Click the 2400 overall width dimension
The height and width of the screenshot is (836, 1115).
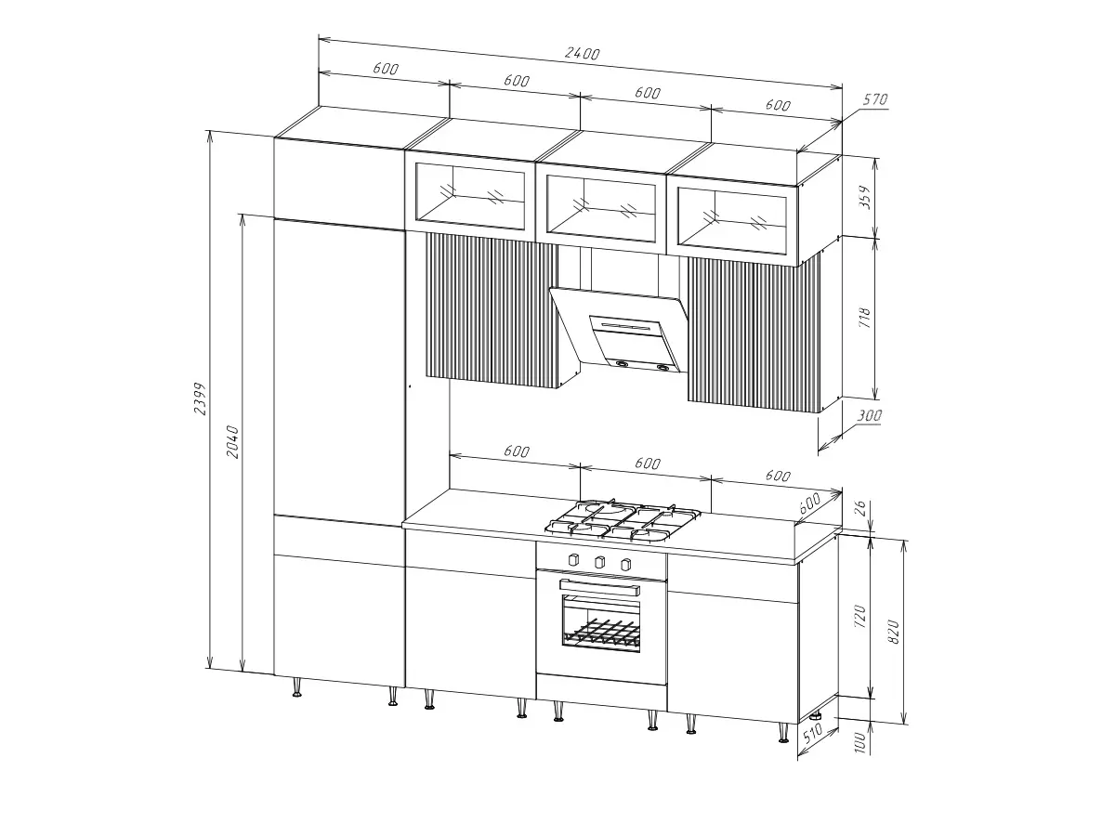point(583,53)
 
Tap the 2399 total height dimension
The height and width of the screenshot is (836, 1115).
point(201,398)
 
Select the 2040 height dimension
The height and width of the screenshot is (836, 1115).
point(231,441)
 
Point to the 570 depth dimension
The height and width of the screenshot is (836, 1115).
point(874,99)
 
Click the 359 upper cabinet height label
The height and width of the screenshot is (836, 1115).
point(864,197)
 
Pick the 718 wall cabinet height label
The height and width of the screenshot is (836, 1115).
point(864,318)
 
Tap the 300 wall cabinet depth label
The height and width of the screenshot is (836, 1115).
point(869,416)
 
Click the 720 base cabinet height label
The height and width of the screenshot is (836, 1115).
point(860,616)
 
